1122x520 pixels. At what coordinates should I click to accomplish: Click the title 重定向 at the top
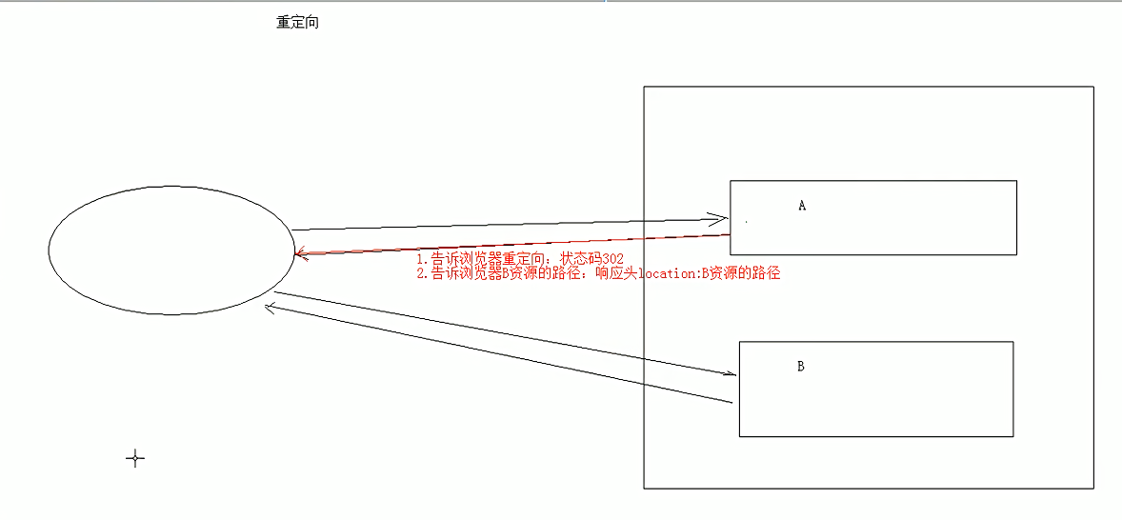297,23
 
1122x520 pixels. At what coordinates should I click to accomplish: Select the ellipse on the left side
170,250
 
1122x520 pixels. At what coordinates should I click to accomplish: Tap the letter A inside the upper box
802,205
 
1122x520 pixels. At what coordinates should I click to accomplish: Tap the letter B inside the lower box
801,366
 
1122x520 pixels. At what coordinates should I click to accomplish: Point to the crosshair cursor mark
135,459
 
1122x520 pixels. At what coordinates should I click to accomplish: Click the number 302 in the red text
612,259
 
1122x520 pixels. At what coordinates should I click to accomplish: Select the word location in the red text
673,273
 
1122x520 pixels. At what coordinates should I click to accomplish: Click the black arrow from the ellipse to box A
505,225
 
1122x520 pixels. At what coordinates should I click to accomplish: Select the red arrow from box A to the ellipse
514,244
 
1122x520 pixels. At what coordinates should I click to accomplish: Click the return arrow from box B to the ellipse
495,353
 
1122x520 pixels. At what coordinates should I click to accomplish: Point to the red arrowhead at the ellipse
300,254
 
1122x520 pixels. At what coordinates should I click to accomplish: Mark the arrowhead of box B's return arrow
270,307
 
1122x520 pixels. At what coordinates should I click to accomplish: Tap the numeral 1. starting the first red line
422,259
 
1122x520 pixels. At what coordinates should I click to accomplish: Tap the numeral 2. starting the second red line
422,273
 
